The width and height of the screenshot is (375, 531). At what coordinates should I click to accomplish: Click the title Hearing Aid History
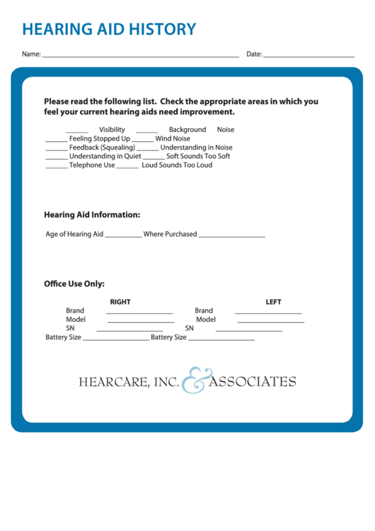tap(109, 30)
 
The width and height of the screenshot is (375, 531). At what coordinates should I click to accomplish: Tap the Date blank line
tap(308, 55)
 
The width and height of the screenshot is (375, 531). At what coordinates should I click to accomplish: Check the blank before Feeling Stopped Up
tap(57, 140)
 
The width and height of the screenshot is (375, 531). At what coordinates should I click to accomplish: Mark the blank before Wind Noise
tap(143, 140)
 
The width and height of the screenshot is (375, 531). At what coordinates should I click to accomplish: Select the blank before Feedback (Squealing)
tap(57, 148)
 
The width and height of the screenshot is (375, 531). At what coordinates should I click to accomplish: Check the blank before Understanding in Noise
tap(148, 148)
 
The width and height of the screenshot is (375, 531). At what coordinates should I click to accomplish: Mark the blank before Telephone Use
tap(57, 166)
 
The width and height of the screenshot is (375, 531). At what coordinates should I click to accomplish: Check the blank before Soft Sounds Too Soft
tap(154, 157)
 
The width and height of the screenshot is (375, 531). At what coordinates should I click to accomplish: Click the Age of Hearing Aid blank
tap(123, 235)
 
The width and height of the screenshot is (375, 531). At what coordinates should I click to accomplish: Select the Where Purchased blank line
tap(231, 235)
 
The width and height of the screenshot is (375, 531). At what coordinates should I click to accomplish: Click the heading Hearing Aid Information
tap(92, 215)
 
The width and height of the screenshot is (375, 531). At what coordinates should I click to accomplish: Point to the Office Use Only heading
tap(74, 284)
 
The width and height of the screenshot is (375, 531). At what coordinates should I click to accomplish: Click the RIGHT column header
tap(120, 302)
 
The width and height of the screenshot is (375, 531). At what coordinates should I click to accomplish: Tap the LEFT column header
tap(273, 302)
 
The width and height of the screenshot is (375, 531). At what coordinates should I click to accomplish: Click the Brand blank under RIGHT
tap(139, 312)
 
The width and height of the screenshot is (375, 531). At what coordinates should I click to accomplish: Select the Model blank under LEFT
tap(270, 321)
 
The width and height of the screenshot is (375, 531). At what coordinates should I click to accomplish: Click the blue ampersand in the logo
tap(193, 381)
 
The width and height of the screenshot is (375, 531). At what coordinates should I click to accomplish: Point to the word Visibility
tap(112, 130)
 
